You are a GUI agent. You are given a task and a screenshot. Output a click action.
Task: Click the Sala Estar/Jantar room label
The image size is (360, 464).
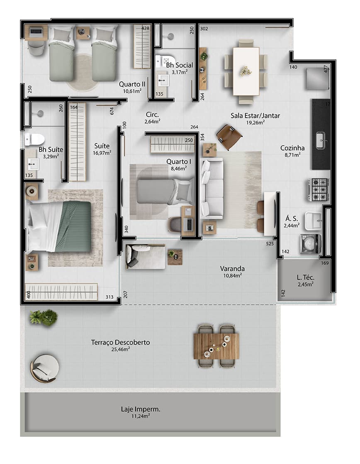255,116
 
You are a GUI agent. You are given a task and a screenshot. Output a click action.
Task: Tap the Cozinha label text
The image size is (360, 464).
292,148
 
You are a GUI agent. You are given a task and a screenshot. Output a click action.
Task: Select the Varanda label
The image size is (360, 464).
232,268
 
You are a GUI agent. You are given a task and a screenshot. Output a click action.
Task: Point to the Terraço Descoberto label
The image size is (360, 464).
120,343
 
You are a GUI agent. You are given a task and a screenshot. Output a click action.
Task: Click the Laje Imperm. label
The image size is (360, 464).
138,409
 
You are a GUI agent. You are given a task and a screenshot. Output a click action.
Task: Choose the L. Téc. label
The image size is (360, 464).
305,278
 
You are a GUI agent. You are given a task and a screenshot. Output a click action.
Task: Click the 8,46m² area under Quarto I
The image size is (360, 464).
179,168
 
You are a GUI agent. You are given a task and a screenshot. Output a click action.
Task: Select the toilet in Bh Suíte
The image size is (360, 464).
34,139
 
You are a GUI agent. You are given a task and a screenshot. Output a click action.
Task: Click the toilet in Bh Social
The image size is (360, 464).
165,61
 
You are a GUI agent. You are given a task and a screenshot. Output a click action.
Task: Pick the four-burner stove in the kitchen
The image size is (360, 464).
318,189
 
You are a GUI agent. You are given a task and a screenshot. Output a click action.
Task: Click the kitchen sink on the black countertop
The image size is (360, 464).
321,140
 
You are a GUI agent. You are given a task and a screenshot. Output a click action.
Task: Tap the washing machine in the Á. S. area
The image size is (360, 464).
310,243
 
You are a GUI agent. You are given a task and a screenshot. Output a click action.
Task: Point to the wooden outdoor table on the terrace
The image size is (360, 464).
216,346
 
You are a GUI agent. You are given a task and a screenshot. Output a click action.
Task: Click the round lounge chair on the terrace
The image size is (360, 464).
44,368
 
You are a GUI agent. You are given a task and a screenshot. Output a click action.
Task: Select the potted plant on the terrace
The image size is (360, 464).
44,317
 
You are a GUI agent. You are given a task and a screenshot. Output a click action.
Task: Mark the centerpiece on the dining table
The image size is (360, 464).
246,71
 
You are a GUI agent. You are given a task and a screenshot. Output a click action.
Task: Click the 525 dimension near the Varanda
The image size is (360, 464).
270,244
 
